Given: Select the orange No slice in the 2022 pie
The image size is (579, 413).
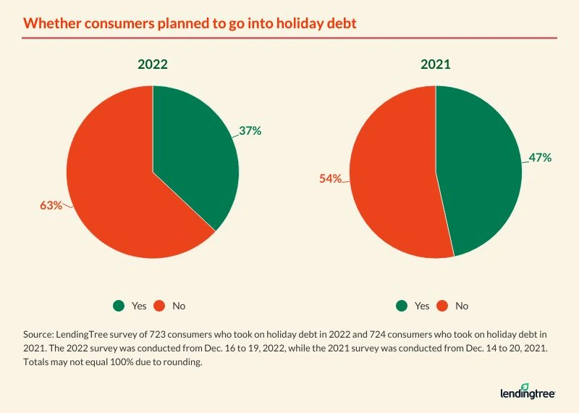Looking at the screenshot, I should click(116, 188).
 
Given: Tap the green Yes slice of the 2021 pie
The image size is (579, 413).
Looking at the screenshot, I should click(481, 174).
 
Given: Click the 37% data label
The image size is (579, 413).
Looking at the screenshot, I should click(250, 131).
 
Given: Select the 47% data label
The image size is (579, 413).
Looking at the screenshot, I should click(541, 157).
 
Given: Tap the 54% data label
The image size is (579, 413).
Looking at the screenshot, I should click(331, 178).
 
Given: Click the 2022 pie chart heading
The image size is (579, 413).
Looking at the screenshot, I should click(153, 64).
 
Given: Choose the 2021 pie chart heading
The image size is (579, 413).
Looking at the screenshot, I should click(436, 64).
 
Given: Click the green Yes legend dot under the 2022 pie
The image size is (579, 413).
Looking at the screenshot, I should click(119, 306).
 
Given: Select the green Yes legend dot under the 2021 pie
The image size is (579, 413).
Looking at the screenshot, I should click(402, 306).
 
